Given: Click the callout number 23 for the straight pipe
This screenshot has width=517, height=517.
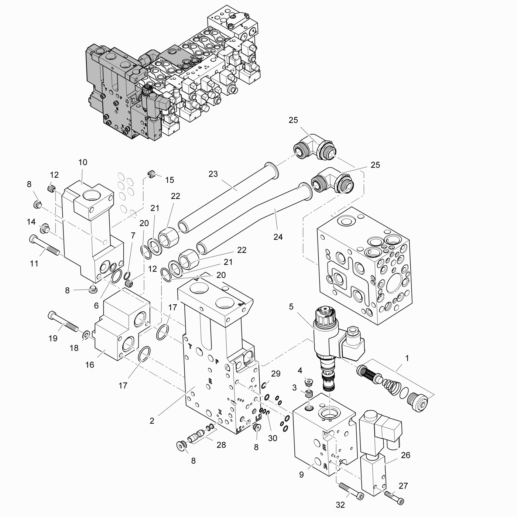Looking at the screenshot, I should (213, 174).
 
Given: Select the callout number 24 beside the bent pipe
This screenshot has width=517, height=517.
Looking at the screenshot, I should (278, 237).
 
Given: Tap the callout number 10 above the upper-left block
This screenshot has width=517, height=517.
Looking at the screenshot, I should (83, 162).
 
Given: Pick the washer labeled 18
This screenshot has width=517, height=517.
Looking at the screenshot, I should (86, 335).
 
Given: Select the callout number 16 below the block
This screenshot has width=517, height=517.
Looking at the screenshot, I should (90, 365).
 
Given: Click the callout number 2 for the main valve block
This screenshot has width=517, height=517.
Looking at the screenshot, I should (152, 421).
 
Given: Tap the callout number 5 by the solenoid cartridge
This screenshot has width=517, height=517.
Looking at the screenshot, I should (291, 307).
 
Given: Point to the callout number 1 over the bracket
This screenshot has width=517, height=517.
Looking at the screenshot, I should (407, 358).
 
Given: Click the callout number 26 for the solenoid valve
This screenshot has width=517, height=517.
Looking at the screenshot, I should (405, 455).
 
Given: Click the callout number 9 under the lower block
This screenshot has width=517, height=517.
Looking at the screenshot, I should (301, 475).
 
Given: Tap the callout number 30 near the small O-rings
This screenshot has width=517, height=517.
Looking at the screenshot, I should (273, 438).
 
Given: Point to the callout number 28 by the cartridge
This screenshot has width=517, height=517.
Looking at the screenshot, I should (221, 445).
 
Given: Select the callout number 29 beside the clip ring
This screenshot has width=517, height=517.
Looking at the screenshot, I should (276, 374).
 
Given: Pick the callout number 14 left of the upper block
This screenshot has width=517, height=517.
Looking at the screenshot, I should (31, 222).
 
